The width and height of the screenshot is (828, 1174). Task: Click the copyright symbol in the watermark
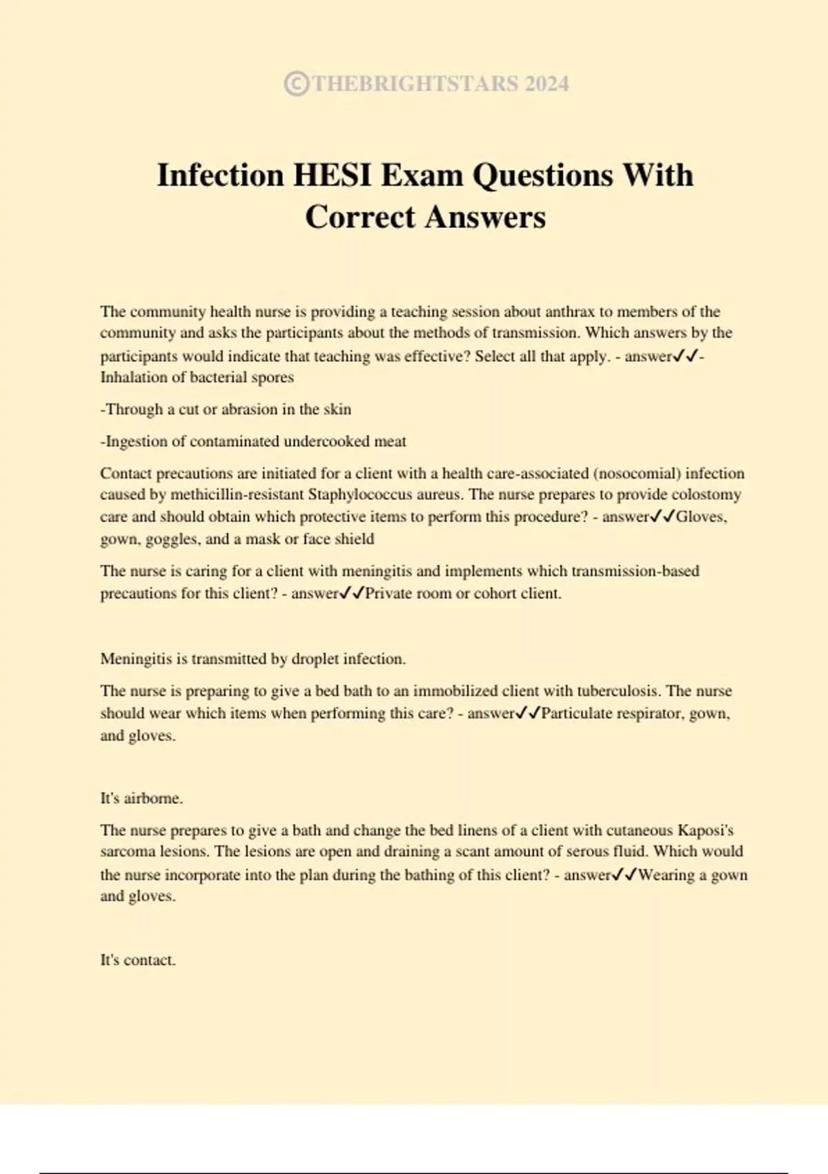pos(296,84)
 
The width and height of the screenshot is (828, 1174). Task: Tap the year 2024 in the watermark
pos(546,84)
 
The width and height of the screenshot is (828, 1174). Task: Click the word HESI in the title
pos(333,175)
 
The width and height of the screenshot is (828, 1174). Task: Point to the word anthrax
pos(570,311)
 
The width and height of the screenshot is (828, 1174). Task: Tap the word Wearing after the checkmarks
pos(667,875)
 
